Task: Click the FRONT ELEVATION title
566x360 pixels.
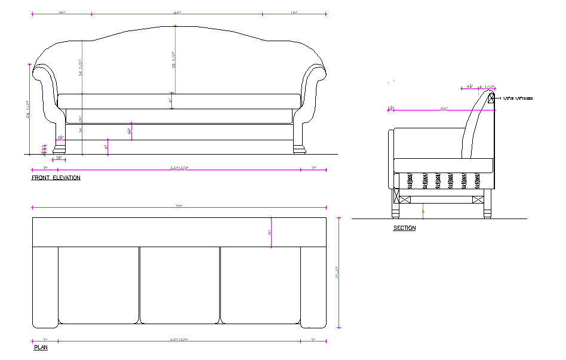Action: pos(56,178)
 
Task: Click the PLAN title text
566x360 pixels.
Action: pos(41,347)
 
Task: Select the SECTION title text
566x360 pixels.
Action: pos(404,228)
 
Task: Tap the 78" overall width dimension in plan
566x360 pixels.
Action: pos(179,206)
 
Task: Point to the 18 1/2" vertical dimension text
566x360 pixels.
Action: pos(173,60)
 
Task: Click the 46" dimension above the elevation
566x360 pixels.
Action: pos(177,13)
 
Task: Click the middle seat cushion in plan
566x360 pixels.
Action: pos(180,285)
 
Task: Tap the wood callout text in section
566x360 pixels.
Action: pos(518,99)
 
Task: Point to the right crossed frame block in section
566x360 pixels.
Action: pos(478,199)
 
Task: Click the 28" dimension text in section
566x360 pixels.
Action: pos(444,109)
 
